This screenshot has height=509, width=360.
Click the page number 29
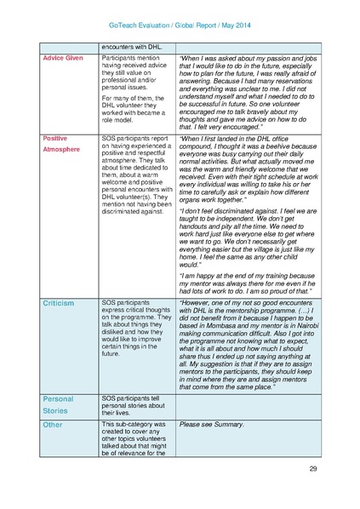pos(312,469)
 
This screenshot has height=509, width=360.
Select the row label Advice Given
pos(63,58)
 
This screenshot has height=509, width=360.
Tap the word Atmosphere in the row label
pos(62,149)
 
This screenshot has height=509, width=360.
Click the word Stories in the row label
pos(55,410)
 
